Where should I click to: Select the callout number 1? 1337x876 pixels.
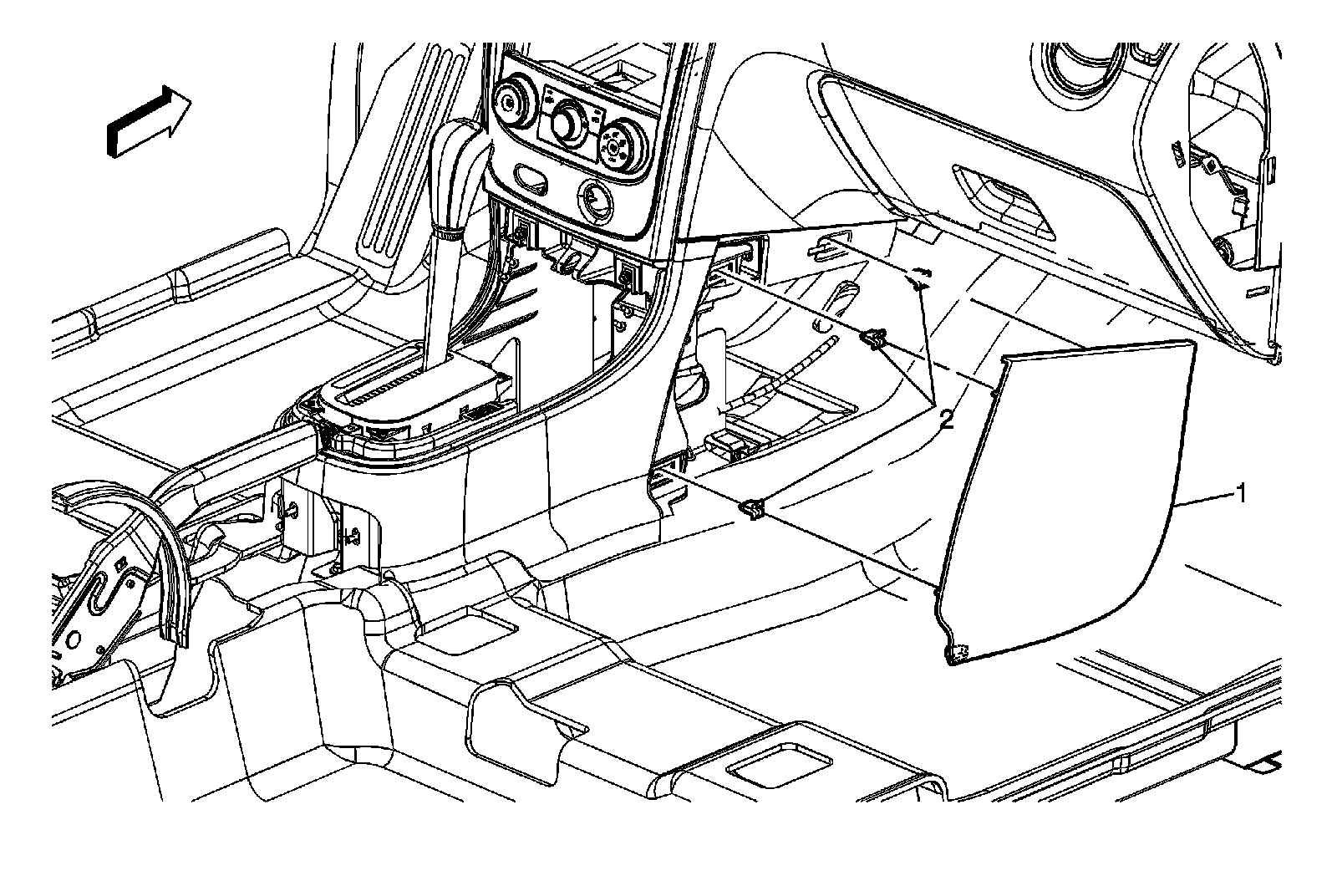click(x=1242, y=494)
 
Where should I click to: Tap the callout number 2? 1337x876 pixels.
click(x=945, y=420)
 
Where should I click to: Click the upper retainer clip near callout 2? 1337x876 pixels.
click(x=873, y=339)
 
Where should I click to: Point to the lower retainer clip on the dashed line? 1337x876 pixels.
click(x=751, y=508)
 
